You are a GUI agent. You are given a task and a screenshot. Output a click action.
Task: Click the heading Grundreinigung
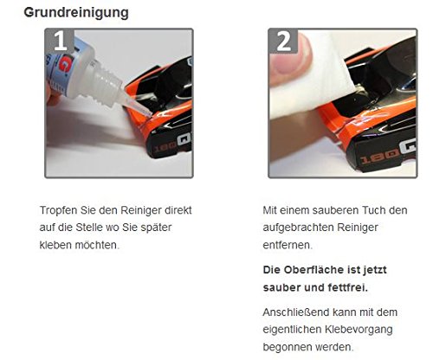[76, 13]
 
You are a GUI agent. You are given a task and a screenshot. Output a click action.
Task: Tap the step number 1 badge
[61, 41]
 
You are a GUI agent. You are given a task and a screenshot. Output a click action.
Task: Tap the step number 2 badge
[284, 41]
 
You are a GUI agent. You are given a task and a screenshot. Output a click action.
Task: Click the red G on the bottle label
[64, 64]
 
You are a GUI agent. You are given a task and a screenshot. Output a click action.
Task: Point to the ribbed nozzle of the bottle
[106, 83]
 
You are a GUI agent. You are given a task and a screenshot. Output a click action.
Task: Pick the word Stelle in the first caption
[89, 228]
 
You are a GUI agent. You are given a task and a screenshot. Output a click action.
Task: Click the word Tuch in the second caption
[374, 210]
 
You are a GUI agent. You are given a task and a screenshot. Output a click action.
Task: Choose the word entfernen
[288, 245]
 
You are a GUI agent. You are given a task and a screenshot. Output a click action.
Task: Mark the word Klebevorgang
[359, 330]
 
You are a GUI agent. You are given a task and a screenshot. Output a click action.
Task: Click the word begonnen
[287, 347]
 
